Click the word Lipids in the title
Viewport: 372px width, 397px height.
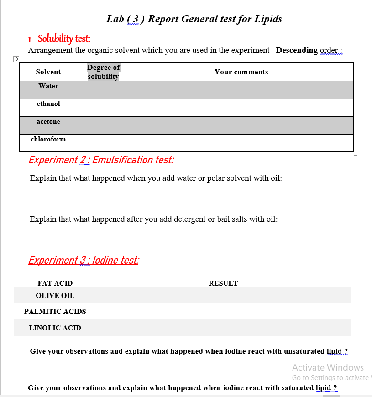(x=267, y=19)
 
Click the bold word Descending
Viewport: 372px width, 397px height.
(x=297, y=50)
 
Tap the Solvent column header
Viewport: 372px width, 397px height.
(x=48, y=72)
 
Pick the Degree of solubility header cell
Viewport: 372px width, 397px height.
(x=103, y=72)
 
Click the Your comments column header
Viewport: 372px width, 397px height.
(x=241, y=72)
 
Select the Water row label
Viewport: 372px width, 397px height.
(x=48, y=86)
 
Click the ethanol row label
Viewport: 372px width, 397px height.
(x=48, y=104)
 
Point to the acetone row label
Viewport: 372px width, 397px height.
(x=48, y=121)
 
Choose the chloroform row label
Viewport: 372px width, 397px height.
(x=48, y=139)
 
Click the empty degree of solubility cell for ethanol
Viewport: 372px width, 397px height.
(x=103, y=107)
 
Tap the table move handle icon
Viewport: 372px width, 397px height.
(x=16, y=59)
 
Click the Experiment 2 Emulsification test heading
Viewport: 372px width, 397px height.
(x=101, y=160)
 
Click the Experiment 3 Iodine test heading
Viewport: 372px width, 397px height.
(x=84, y=260)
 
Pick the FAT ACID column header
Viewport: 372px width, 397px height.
(x=55, y=283)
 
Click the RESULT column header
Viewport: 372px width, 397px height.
(x=223, y=283)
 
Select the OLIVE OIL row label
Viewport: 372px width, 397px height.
(x=55, y=296)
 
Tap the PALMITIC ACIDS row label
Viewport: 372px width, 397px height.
(x=55, y=312)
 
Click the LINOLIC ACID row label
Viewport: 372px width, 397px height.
(x=55, y=328)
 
